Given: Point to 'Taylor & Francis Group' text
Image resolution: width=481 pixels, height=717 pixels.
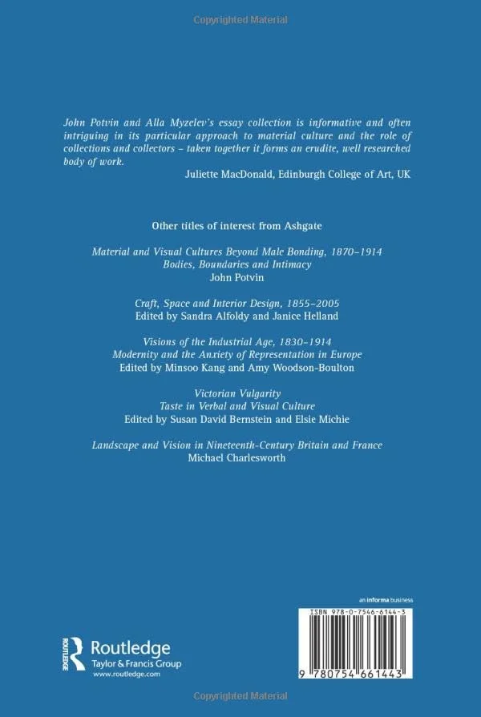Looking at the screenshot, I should click(136, 642).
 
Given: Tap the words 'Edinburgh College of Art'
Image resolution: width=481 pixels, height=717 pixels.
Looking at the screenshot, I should click(335, 174).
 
